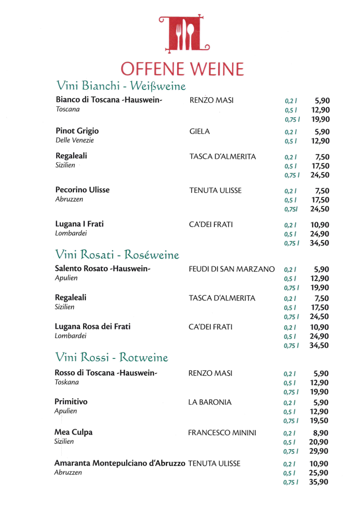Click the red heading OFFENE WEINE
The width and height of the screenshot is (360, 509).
pos(182,69)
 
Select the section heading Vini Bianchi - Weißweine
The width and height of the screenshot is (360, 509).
pos(121,86)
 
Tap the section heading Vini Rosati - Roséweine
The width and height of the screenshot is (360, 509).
pos(117,254)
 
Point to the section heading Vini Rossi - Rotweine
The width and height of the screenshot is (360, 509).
pos(111,357)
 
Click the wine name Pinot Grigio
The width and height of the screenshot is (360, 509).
pos(77,131)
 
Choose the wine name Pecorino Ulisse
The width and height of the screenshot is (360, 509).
pos(83,190)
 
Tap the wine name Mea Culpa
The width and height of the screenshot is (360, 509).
pos(74,432)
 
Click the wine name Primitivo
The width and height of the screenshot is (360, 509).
pos(71,401)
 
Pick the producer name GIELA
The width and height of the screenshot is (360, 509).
pos(200,132)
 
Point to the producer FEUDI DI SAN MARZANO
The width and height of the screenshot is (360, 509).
pos(232,269)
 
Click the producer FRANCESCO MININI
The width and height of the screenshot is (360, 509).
pos(222,433)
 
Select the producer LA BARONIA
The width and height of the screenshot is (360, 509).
pos(210,402)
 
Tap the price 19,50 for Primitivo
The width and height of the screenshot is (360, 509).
pos(319,421)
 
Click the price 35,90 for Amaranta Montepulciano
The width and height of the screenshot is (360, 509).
pos(319,482)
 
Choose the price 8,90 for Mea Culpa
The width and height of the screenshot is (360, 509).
pos(321,433)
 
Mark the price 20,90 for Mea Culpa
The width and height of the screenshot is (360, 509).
pos(319,442)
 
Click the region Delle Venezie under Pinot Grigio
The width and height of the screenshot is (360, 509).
pos(75,140)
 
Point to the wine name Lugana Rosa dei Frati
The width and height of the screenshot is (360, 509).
pos(93,327)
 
